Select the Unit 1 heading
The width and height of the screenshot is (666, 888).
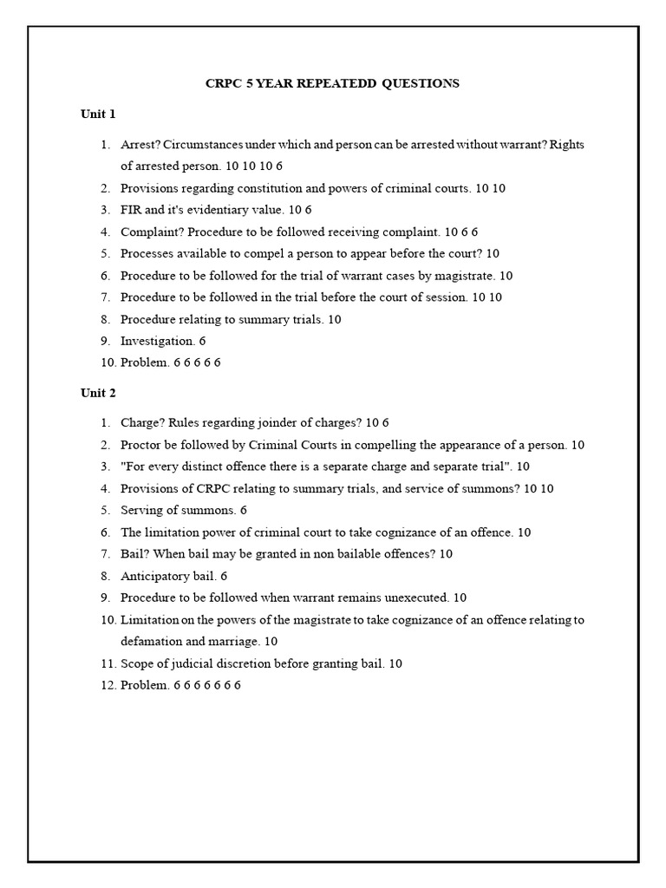click(98, 114)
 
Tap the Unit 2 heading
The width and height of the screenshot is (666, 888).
click(98, 393)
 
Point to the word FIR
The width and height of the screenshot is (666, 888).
click(131, 210)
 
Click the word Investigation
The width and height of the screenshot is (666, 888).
click(156, 341)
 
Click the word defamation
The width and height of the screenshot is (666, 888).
click(153, 642)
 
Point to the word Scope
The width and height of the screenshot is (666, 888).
click(137, 663)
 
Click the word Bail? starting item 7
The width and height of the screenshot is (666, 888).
click(134, 554)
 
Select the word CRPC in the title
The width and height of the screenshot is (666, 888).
click(222, 83)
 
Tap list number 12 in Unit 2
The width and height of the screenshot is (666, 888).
click(107, 685)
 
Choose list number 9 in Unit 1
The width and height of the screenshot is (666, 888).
click(105, 341)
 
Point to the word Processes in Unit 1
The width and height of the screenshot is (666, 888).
click(147, 253)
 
